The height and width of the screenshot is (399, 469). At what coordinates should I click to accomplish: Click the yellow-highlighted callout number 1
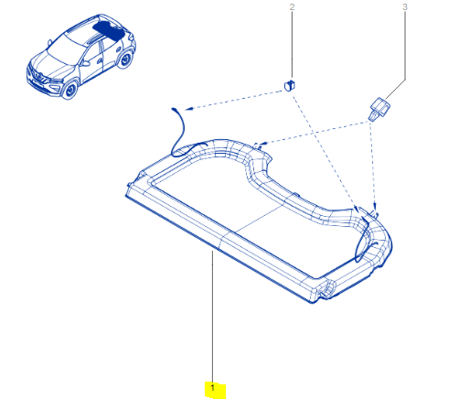tap(213, 388)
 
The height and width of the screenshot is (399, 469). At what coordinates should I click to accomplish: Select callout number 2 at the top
tap(292, 6)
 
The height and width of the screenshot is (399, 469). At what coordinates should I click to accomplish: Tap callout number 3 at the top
tap(405, 6)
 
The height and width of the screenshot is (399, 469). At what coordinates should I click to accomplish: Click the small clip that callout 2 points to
tap(290, 85)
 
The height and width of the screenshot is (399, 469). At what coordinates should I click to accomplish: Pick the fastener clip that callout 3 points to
tap(379, 108)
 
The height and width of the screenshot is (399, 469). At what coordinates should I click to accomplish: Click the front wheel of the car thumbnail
tap(70, 90)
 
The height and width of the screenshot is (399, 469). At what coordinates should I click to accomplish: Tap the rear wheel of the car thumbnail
tap(125, 59)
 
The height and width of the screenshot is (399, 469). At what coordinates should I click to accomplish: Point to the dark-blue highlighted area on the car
tap(109, 30)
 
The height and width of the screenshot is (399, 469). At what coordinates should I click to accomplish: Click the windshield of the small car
tap(66, 49)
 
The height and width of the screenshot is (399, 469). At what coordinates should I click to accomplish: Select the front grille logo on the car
tap(37, 75)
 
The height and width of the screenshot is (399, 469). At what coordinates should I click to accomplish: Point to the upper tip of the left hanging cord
tap(174, 108)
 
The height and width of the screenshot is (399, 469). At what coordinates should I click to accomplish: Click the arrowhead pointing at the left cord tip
tap(187, 108)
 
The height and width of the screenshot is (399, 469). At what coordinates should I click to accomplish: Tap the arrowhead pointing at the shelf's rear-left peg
tap(263, 143)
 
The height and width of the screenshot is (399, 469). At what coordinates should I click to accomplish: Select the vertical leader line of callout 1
tap(212, 318)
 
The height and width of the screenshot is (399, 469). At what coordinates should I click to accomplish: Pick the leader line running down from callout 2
tap(292, 45)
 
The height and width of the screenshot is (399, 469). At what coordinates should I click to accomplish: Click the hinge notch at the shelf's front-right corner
tap(326, 289)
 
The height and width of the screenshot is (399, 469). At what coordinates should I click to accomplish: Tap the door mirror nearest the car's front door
tap(86, 63)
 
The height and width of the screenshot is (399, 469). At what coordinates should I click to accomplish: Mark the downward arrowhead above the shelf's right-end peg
tap(375, 206)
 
